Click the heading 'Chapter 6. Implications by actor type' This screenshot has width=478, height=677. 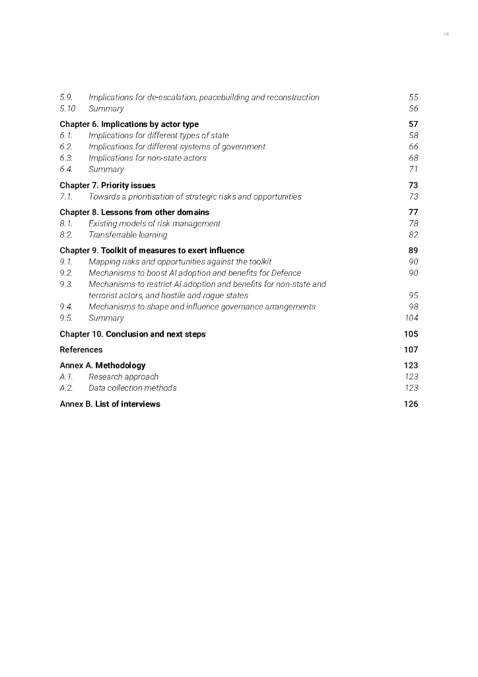pos(129,124)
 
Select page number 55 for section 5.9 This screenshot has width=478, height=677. pos(413,97)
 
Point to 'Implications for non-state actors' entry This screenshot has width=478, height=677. pos(147,158)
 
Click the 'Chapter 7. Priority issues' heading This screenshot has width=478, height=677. pos(108,185)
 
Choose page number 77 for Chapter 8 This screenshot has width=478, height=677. pos(413,212)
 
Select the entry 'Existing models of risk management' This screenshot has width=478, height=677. pos(154,223)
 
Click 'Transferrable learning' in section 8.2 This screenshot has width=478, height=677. pos(127,235)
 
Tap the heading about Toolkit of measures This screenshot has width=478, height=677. pos(152,251)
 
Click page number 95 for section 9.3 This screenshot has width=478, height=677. pos(413,296)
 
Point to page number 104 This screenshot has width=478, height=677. pos(411,318)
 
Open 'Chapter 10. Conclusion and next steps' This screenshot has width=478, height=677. pos(132,334)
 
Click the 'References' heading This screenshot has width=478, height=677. pos(81,350)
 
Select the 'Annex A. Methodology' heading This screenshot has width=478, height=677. pos(102,366)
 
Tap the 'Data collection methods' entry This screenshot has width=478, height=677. pos(132,388)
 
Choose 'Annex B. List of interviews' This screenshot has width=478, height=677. pos(110,404)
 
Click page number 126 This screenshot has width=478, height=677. pos(411,404)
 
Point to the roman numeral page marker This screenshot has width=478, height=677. pos(446,34)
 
